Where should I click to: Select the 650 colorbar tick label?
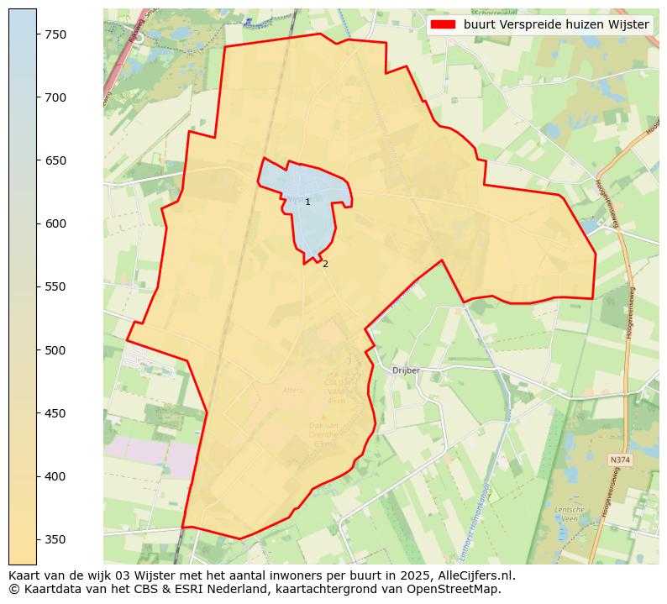click(x=56, y=160)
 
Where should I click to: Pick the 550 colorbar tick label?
click(x=56, y=286)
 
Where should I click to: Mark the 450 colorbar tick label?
click(x=56, y=413)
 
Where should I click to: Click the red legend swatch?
click(x=443, y=24)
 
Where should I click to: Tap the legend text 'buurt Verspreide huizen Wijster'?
click(x=556, y=24)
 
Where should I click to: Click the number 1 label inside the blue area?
click(x=307, y=202)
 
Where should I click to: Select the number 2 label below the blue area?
click(x=325, y=264)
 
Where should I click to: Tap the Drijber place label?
click(x=407, y=370)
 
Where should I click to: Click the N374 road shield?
click(x=620, y=460)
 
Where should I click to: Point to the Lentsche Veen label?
click(x=569, y=514)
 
